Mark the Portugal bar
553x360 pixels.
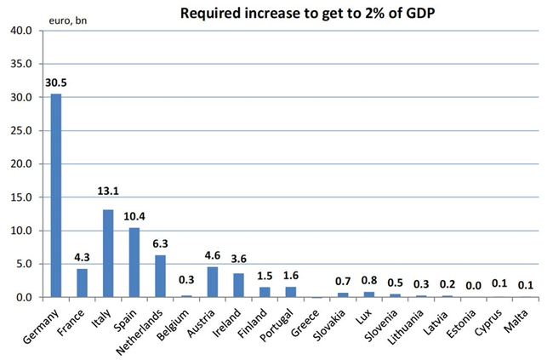coord(290,292)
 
